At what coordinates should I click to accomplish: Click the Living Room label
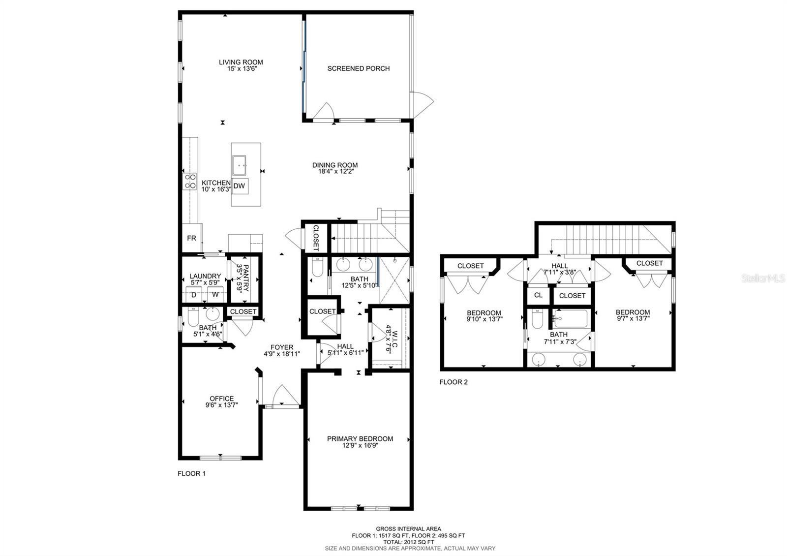coord(241,62)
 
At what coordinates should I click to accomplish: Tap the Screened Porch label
coord(359,68)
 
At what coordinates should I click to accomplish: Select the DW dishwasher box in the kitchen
coord(239,186)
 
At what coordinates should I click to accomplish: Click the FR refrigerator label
coord(191,238)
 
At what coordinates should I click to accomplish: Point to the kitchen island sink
coord(239,165)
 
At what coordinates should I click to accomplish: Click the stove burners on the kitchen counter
coord(190,182)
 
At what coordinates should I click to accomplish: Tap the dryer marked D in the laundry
coord(194,295)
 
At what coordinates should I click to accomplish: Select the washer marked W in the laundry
coord(215,295)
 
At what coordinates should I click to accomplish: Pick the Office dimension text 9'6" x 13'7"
coord(222,405)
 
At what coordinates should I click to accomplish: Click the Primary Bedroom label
coord(360,438)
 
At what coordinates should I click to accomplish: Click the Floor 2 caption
coord(454,382)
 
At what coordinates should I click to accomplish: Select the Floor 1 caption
coord(191,473)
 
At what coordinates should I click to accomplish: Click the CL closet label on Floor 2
coord(538,295)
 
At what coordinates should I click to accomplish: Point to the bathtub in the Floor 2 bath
coord(571,319)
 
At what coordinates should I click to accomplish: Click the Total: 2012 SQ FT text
coord(409,542)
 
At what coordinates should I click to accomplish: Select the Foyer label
coord(282,347)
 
